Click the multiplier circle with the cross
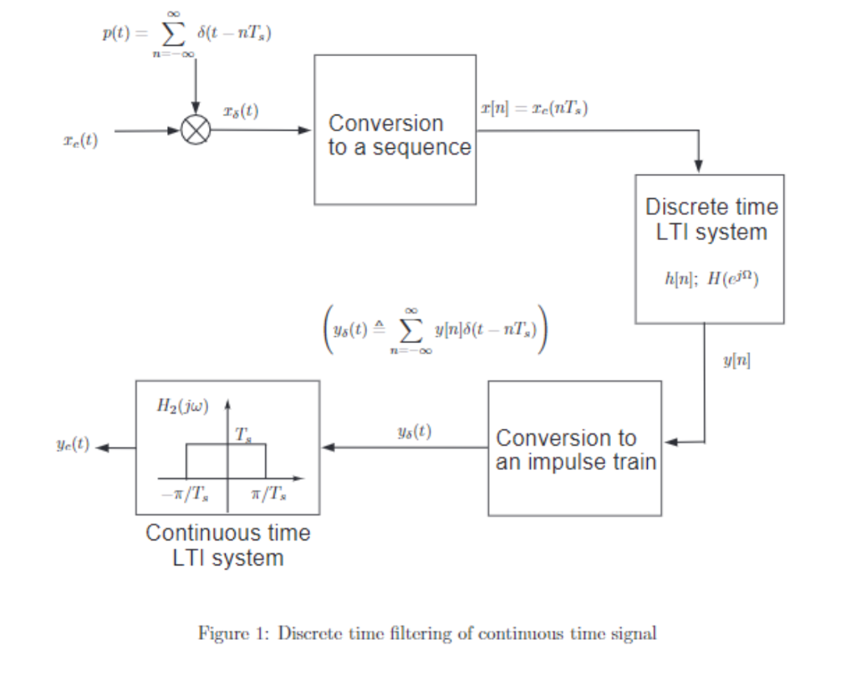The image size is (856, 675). tap(196, 131)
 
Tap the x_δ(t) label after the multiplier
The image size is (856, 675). tap(241, 111)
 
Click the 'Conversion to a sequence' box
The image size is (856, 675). tap(395, 130)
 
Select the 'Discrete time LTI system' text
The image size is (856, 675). tap(711, 218)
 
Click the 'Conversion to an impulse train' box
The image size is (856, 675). tap(574, 448)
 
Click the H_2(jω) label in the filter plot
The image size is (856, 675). tap(182, 407)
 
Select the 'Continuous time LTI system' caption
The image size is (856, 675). tap(227, 545)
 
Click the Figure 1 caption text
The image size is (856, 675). tap(427, 633)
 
